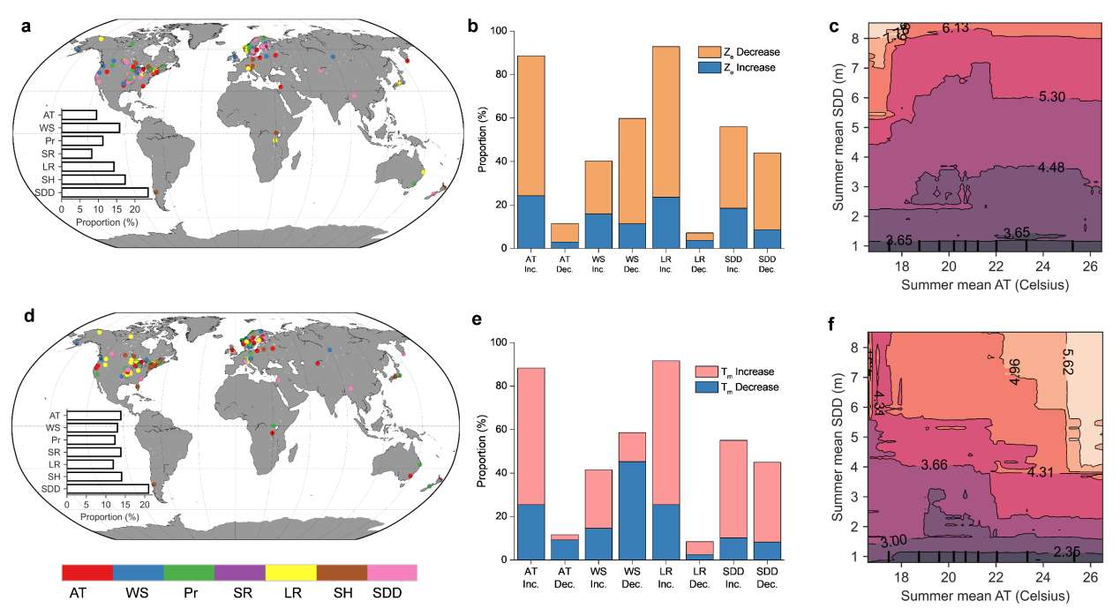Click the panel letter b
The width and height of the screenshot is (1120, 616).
click(x=473, y=28)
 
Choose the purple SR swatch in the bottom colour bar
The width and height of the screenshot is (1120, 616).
click(x=240, y=573)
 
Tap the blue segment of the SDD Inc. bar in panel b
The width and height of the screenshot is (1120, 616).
click(x=734, y=228)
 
